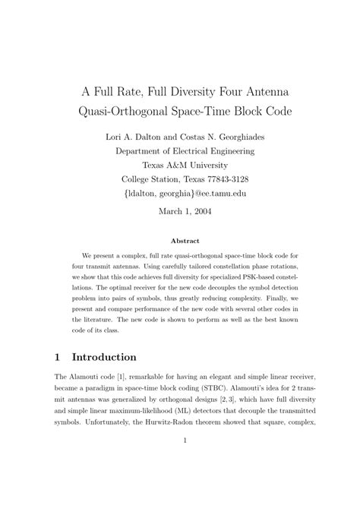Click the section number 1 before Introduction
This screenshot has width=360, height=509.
click(58, 357)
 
